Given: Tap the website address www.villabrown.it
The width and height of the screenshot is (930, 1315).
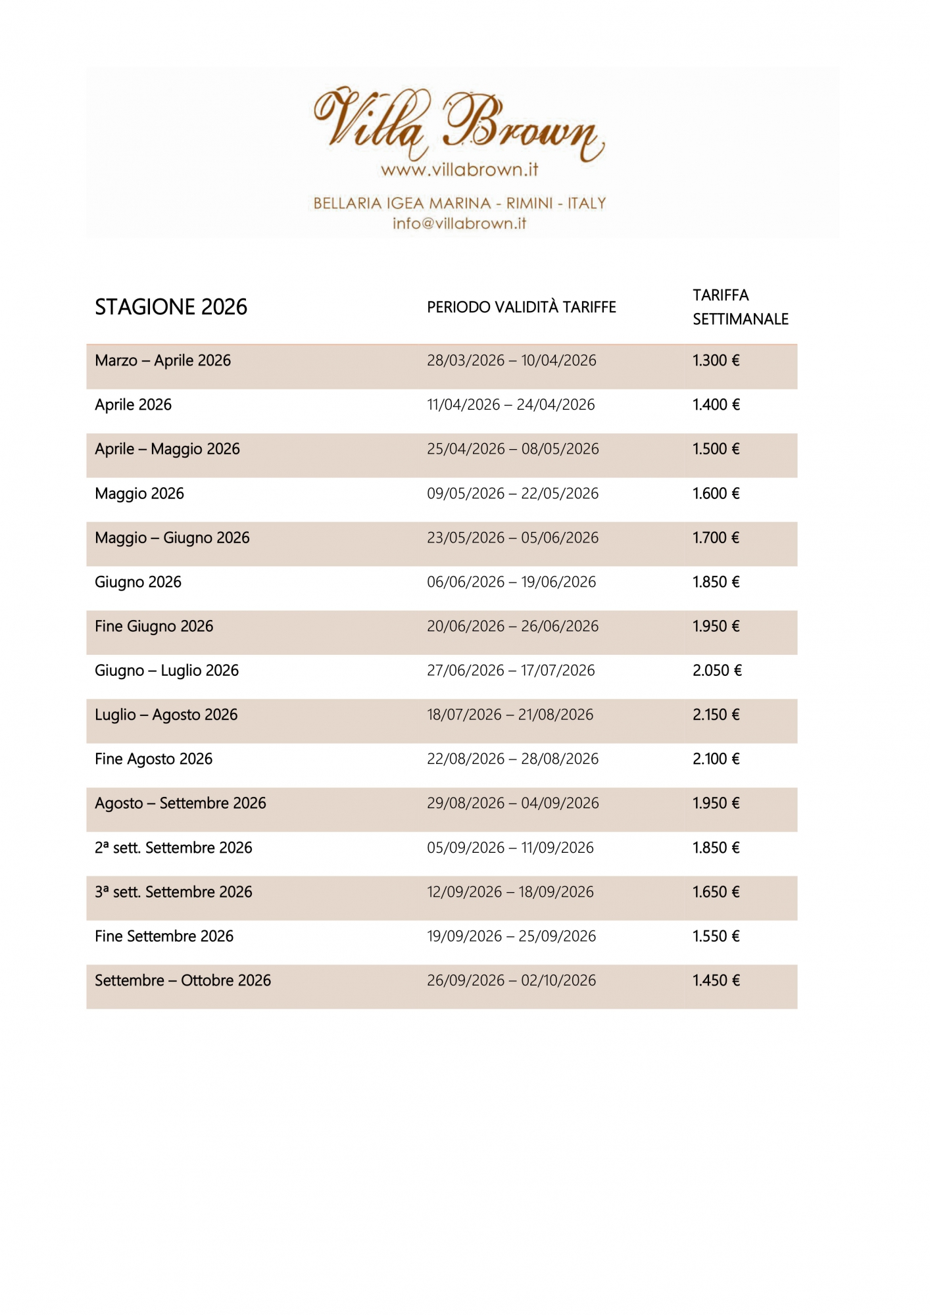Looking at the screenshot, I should pos(459,170).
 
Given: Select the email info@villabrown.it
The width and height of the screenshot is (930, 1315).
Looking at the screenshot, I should pos(459,224).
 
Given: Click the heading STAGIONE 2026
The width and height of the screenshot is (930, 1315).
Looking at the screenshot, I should pos(171,307).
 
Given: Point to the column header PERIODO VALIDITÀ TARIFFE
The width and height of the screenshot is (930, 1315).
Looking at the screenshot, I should pos(522,307).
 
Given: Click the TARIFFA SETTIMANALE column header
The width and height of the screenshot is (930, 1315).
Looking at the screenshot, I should pos(740,307).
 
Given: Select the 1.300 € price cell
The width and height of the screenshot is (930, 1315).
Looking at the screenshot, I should pos(716,360).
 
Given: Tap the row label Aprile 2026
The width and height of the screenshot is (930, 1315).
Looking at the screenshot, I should pos(133,404).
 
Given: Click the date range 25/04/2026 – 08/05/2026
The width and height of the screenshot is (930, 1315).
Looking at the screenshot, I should pos(513,449).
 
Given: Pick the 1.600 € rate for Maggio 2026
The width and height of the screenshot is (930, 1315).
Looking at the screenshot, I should pos(716,493).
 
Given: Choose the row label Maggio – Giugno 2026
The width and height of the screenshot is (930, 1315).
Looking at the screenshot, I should pos(172,538).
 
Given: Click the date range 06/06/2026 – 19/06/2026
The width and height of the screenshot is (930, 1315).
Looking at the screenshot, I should pos(511,582).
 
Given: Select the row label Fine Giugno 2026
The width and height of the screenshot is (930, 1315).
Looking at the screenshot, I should pos(154,626).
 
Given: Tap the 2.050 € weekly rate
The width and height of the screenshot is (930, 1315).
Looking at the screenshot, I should pos(717,671).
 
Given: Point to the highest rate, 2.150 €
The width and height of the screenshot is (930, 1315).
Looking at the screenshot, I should pos(716,715).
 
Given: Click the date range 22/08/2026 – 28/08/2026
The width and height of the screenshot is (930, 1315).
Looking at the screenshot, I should pos(513,759).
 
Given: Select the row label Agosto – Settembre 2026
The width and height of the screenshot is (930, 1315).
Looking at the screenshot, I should pos(180,803).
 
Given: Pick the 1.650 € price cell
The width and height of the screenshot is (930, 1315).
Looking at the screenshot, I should pos(716,892).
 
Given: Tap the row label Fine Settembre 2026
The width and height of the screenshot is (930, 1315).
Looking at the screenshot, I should pos(164,936).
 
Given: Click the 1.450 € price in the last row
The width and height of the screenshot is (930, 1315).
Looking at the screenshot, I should pos(716,980).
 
